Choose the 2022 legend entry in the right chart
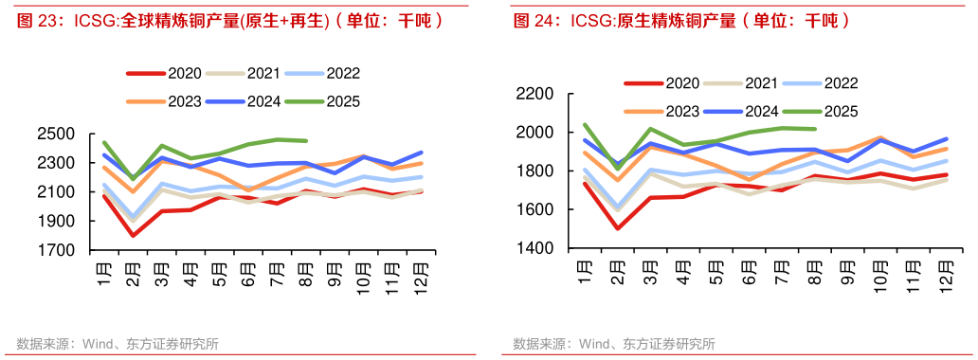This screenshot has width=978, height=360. point(841,83)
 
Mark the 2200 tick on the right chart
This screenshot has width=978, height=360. point(534,94)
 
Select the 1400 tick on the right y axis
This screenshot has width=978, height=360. point(534,248)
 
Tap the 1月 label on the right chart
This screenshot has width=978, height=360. point(587,275)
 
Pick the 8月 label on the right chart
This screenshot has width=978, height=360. point(812,275)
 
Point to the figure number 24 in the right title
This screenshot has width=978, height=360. point(540,20)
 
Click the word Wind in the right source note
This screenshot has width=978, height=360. point(595,344)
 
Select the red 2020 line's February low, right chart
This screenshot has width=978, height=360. point(618,227)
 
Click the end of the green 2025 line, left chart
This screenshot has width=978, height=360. point(305,141)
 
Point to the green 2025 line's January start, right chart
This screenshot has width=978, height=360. point(586,124)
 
